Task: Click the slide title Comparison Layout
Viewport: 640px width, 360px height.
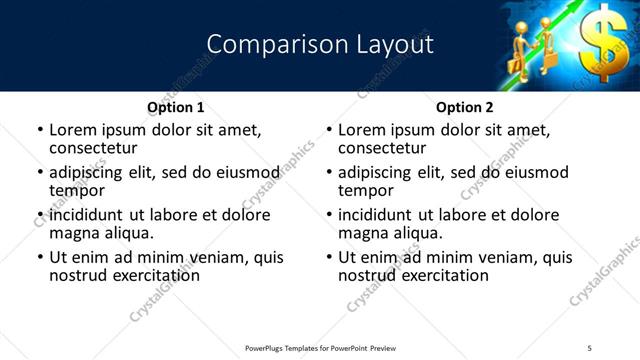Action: (319, 45)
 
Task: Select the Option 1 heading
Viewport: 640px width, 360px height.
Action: (175, 107)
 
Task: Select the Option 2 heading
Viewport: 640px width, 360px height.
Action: (464, 107)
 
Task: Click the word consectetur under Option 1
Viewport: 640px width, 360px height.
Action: (92, 148)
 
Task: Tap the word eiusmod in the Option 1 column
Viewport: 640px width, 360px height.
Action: (241, 172)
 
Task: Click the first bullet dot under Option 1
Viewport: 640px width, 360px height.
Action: (40, 130)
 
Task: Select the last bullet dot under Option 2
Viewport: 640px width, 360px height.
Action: (329, 257)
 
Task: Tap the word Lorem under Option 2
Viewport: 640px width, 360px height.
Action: (362, 130)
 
